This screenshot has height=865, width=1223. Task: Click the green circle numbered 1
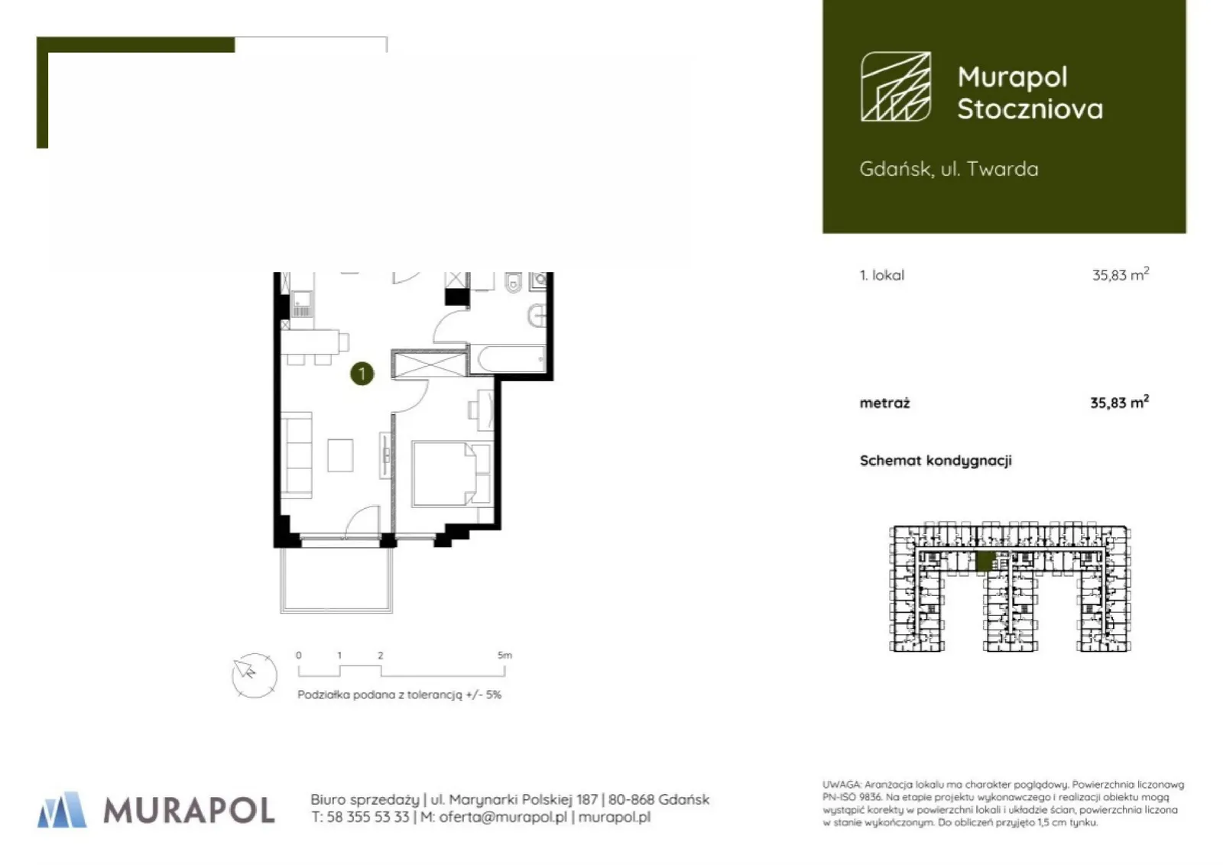click(362, 374)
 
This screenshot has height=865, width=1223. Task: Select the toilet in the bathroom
click(513, 282)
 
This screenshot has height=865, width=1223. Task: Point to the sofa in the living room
click(297, 455)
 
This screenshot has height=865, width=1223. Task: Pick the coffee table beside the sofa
click(340, 455)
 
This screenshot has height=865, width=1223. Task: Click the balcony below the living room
click(336, 579)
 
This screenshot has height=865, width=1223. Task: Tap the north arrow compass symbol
click(254, 675)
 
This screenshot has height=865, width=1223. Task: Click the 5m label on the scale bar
click(505, 655)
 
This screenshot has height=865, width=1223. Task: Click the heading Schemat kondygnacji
click(936, 461)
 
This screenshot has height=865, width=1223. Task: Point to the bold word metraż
click(884, 403)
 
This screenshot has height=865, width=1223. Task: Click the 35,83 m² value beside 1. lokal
click(1121, 274)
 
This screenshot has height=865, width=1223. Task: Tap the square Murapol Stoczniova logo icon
click(896, 86)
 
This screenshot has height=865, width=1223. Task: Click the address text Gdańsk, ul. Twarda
click(949, 169)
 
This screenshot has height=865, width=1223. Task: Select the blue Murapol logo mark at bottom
click(62, 810)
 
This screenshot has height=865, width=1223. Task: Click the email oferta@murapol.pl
click(503, 817)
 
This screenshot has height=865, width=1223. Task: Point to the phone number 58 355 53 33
click(368, 817)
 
